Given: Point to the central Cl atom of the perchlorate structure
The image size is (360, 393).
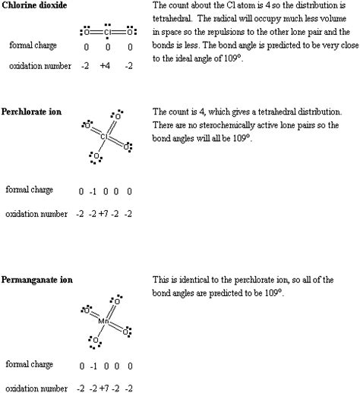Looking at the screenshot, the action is [109, 138].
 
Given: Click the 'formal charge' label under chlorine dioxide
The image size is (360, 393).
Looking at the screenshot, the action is [30, 46].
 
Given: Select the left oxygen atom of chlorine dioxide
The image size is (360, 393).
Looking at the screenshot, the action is [87, 33].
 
